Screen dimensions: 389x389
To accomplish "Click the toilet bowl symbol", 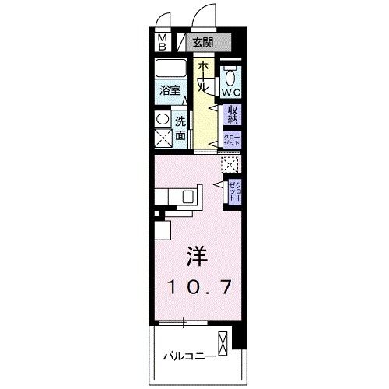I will (x=231, y=75).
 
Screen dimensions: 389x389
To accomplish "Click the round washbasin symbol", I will (x=162, y=119).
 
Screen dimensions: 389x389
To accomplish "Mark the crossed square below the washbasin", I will (x=163, y=138).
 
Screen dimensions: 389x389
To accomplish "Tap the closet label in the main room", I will (x=233, y=190).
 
